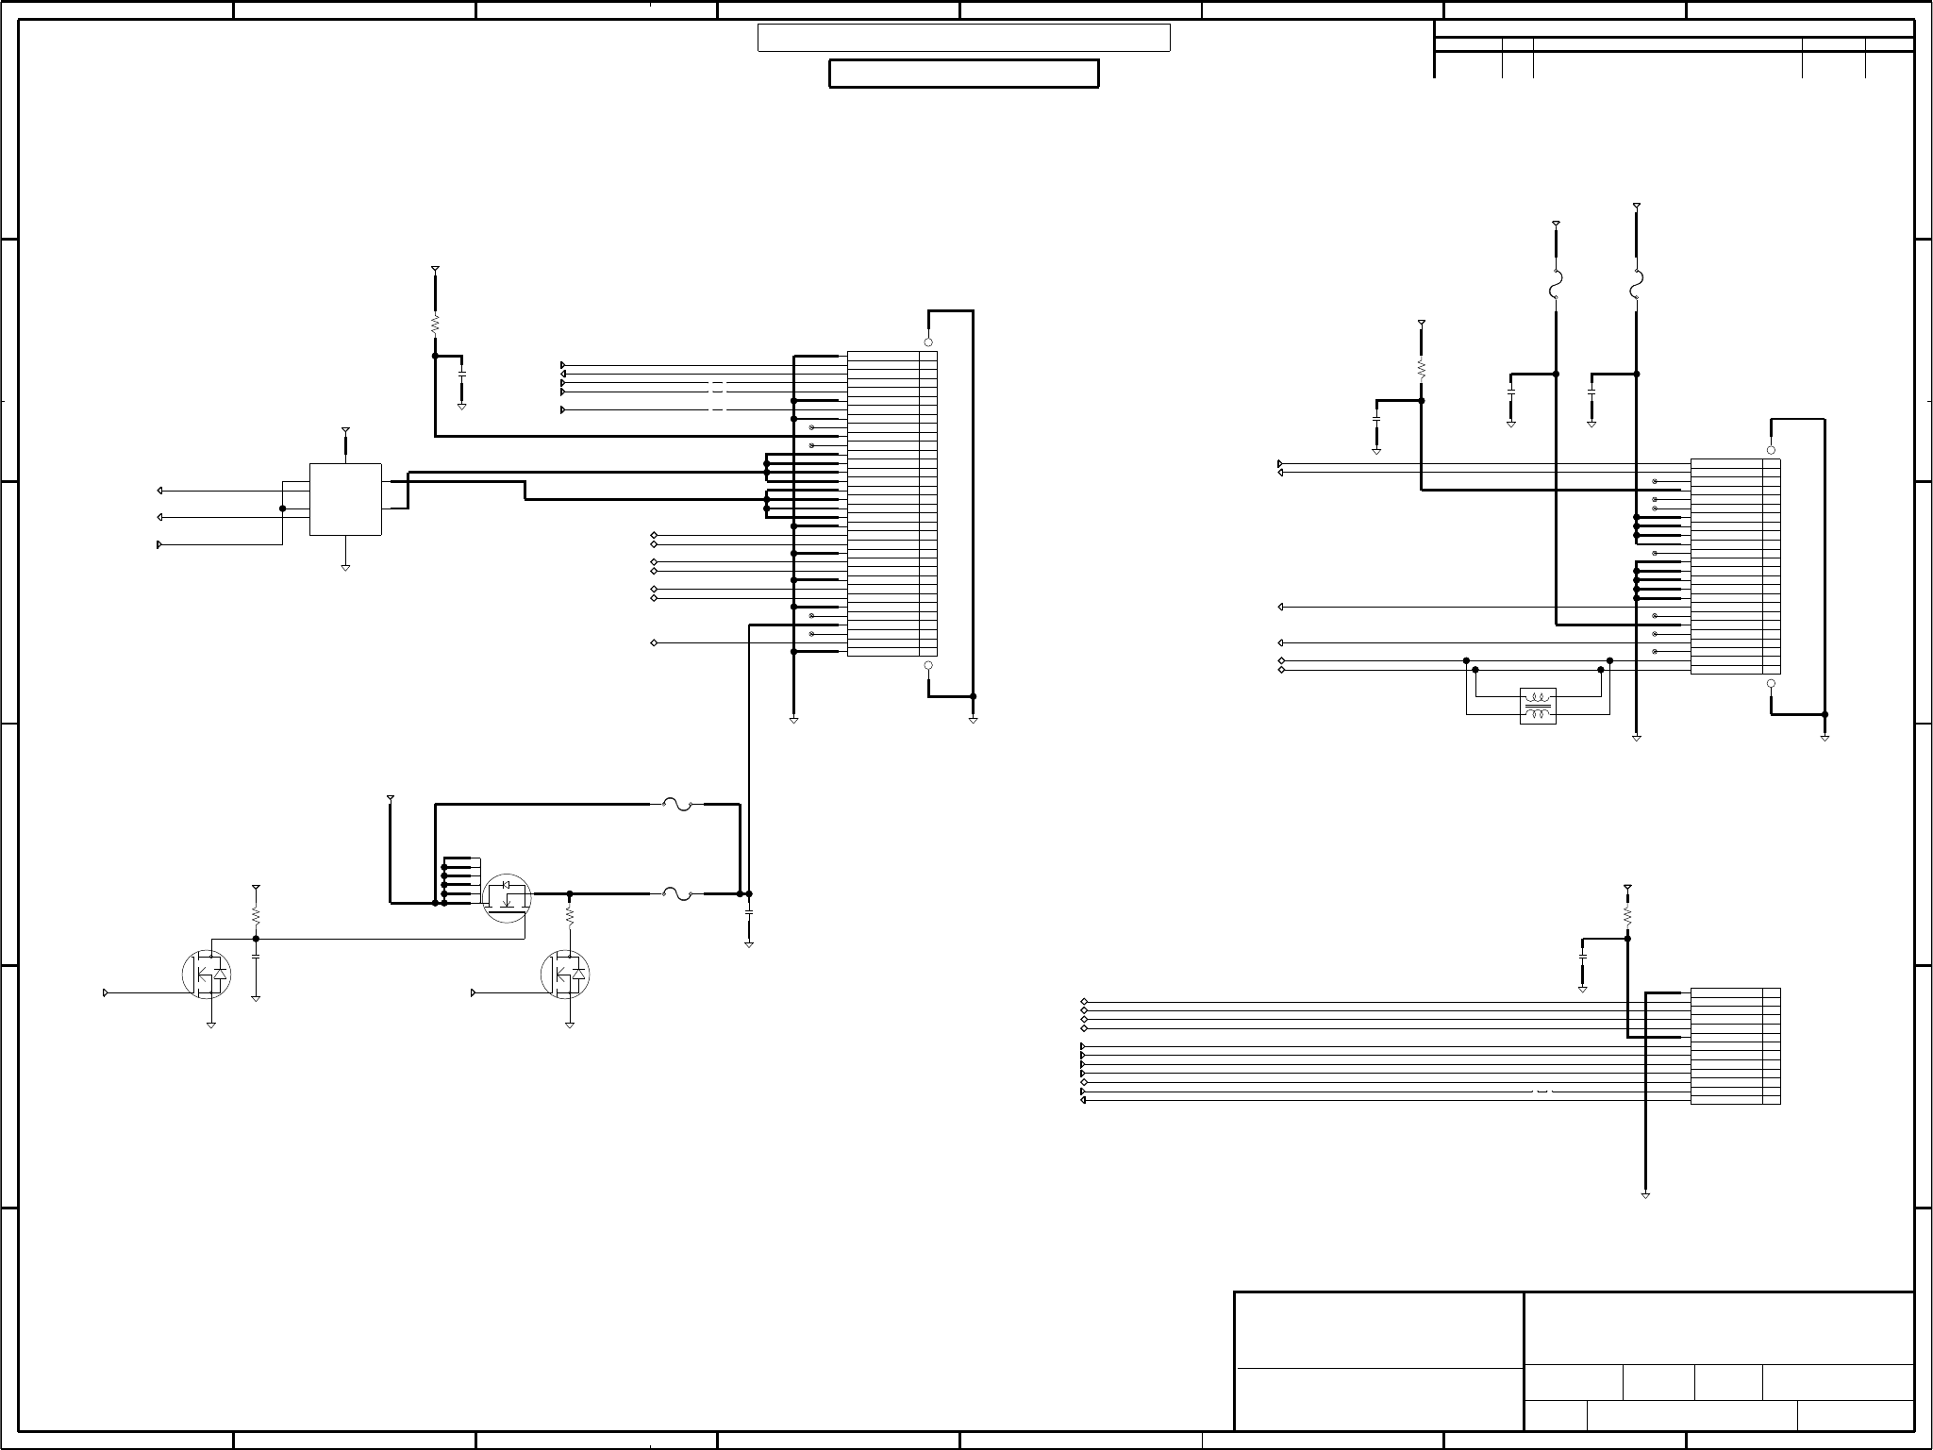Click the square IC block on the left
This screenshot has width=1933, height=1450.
345,499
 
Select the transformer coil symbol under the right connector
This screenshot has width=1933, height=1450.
1538,707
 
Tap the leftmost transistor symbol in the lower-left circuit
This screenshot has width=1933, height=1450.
206,975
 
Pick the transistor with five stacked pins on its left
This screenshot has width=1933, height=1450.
507,895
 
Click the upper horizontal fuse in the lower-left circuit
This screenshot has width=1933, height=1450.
677,805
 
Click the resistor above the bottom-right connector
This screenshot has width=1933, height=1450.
1627,915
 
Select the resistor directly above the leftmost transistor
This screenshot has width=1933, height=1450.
256,915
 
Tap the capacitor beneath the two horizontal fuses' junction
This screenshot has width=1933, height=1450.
749,913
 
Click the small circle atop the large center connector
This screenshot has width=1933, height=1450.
928,342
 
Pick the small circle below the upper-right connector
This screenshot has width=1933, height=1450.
1771,683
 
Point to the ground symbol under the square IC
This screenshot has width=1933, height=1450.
345,568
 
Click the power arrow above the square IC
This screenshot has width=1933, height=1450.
345,431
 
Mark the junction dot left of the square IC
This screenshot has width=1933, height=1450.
283,508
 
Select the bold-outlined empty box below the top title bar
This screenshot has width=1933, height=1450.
963,74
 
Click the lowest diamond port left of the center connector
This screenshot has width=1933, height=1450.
654,642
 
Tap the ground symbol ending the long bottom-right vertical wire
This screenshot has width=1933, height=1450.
1645,1195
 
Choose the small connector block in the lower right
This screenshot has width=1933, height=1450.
1735,1046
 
